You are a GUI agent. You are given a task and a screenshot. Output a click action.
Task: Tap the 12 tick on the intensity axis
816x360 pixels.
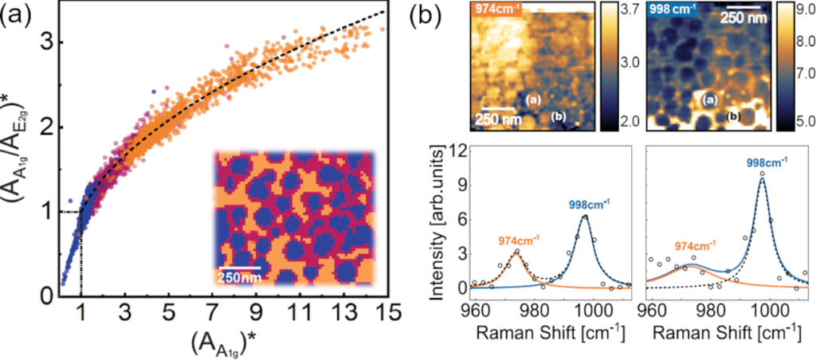coord(461,148)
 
